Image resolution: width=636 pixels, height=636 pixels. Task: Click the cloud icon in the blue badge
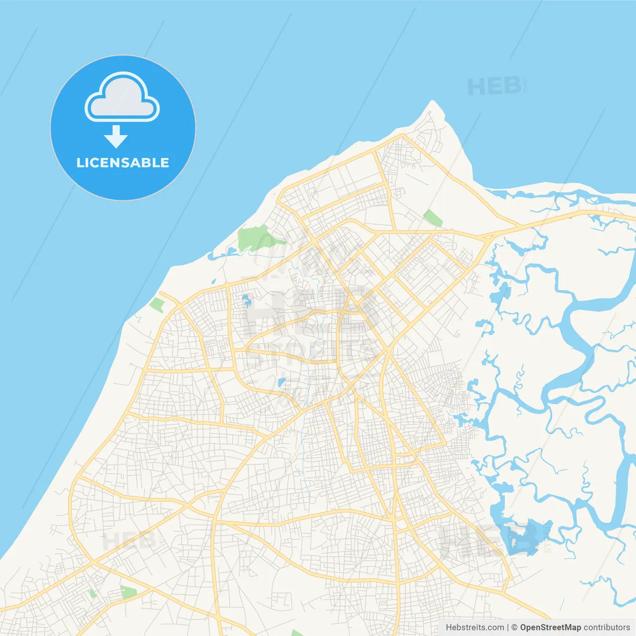coord(122,98)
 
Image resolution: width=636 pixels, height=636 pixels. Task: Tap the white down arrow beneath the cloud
coord(116,137)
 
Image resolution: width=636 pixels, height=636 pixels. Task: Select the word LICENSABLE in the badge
coord(123,163)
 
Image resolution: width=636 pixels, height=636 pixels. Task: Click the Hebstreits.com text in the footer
coord(475,628)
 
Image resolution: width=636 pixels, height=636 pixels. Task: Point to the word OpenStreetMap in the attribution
coord(551,628)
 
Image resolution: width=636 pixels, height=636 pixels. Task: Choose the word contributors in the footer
coord(607,628)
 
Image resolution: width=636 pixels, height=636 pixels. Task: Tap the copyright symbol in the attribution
coord(515,628)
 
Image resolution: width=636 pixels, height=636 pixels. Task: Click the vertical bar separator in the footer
coord(507,628)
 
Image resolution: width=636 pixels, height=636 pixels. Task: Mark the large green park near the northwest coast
coord(254,238)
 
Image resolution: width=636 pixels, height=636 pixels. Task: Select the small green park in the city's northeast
coord(432,218)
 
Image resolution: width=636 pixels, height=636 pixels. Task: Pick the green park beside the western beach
coord(157,305)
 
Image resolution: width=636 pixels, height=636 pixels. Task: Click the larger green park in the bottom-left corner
coord(128,592)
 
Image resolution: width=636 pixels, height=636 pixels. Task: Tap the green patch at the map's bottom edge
coord(297,633)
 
